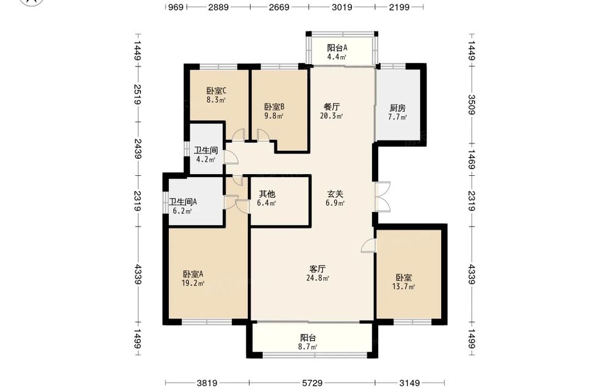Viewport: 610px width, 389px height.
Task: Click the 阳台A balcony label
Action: [337, 48]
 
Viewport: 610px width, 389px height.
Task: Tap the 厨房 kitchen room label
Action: [398, 108]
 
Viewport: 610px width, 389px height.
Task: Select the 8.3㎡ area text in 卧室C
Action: [216, 100]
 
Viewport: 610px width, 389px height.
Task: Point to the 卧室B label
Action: [274, 107]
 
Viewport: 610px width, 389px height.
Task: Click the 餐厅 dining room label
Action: [332, 107]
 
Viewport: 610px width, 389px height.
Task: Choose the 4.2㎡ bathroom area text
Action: [206, 159]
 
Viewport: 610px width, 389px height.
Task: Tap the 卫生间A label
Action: [183, 202]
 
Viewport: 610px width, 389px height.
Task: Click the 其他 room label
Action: [267, 194]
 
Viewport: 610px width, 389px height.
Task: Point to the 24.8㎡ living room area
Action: [318, 278]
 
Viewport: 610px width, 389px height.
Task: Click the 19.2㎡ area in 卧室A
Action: [193, 283]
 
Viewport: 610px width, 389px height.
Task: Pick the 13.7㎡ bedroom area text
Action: [403, 287]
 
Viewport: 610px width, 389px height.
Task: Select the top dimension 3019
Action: [342, 7]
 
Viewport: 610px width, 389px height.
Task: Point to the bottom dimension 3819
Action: [207, 383]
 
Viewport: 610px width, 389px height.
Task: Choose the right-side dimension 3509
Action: [472, 105]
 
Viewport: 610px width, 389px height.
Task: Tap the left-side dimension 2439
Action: [137, 148]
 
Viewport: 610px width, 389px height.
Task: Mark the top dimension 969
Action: [176, 7]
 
